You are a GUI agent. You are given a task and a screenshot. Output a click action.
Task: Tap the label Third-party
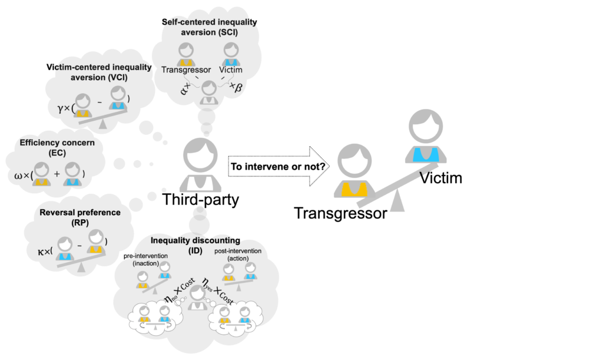pyautogui.click(x=201, y=199)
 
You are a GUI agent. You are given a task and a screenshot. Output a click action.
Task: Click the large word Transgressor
pyautogui.click(x=341, y=213)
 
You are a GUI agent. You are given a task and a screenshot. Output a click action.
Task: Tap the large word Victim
pyautogui.click(x=440, y=176)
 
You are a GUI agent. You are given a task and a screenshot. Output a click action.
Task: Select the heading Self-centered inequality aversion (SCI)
pyautogui.click(x=210, y=27)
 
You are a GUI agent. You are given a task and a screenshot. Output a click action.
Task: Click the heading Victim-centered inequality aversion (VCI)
pyautogui.click(x=99, y=72)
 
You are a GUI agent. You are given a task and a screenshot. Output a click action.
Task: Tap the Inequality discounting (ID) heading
pyautogui.click(x=194, y=245)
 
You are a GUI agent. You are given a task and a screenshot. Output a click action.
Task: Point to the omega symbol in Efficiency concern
pyautogui.click(x=17, y=176)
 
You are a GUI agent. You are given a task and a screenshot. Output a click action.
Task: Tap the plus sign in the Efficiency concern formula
pyautogui.click(x=56, y=174)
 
